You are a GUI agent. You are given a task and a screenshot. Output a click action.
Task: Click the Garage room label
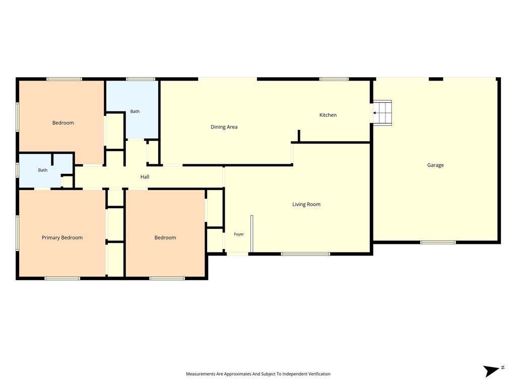click(x=435, y=165)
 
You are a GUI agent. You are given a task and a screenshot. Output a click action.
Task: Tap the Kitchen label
click(x=328, y=115)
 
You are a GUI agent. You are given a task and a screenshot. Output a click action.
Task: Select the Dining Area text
click(x=224, y=127)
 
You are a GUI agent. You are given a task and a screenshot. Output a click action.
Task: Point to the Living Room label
click(x=306, y=205)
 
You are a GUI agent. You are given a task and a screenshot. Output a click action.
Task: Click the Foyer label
click(x=238, y=234)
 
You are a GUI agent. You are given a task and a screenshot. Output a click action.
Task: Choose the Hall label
click(x=145, y=177)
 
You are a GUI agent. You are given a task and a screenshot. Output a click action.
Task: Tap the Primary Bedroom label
click(x=62, y=238)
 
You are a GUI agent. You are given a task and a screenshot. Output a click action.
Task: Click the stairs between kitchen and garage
click(x=383, y=113)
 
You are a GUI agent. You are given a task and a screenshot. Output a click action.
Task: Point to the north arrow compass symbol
click(x=492, y=371)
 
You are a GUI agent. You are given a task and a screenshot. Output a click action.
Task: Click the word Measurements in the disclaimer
click(x=201, y=374)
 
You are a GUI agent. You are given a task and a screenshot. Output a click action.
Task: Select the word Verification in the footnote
click(x=319, y=374)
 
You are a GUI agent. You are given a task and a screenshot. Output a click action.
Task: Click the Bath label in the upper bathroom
click(x=135, y=111)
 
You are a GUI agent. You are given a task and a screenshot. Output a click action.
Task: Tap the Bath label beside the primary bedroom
click(x=43, y=170)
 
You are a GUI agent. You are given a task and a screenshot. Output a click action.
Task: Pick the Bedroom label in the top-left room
click(x=63, y=123)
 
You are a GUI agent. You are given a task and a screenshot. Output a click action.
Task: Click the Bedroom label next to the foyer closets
click(x=165, y=238)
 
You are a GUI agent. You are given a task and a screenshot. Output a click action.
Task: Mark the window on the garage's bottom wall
click(x=438, y=242)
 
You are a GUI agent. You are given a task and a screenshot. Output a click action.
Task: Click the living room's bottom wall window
click(x=305, y=254)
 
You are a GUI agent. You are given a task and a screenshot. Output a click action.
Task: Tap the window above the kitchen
click(x=334, y=79)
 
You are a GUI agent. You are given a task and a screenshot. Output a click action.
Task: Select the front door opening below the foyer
click(x=237, y=254)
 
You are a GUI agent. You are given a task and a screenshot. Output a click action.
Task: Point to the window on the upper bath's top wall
click(x=141, y=79)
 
